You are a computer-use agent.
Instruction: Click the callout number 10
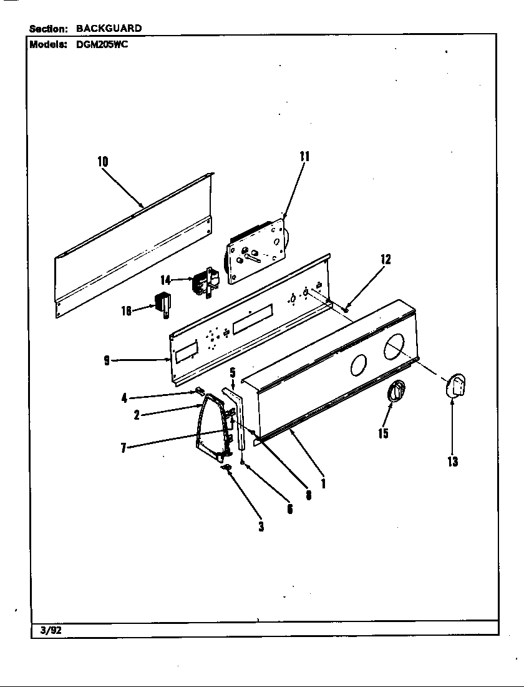pos(102,162)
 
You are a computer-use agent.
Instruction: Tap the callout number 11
pos(304,157)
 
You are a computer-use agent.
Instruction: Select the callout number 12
pos(386,260)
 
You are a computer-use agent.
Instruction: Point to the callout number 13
pos(452,462)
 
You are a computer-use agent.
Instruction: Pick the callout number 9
pos(107,360)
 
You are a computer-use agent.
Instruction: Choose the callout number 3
pos(261,526)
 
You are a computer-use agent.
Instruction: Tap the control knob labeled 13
pos(457,384)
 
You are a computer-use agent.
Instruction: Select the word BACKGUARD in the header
pos(109,28)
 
